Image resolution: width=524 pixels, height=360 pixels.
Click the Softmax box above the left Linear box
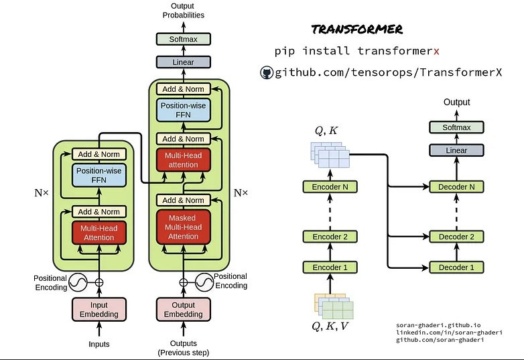[x=184, y=39]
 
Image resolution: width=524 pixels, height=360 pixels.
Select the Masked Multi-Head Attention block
[x=184, y=227]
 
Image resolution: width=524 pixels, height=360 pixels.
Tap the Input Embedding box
[x=99, y=310]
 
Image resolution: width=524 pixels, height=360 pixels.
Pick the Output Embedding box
[x=184, y=310]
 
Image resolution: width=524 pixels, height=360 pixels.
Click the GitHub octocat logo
[x=266, y=72]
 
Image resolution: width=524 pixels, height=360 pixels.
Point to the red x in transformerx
[x=436, y=52]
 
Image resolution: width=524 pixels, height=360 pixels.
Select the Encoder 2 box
[x=330, y=237]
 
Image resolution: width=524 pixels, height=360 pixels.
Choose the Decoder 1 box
[x=456, y=267]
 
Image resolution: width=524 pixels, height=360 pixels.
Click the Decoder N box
[x=456, y=187]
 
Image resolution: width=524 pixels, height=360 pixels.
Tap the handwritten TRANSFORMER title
[x=357, y=29]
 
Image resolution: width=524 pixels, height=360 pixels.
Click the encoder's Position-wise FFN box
[x=99, y=175]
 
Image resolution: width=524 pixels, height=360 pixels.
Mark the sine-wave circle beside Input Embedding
[x=78, y=283]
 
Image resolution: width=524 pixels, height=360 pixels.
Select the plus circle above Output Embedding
[x=184, y=283]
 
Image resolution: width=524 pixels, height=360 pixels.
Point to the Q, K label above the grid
[x=326, y=131]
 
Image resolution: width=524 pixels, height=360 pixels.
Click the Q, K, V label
[x=330, y=326]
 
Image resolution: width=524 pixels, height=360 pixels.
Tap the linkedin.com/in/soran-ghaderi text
[x=449, y=333]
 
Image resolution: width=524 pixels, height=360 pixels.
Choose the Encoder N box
[x=330, y=187]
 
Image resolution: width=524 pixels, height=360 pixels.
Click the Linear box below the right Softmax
[x=456, y=150]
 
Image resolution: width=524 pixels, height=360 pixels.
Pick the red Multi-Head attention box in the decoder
[x=184, y=160]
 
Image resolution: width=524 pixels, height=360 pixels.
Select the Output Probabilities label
[x=183, y=10]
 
